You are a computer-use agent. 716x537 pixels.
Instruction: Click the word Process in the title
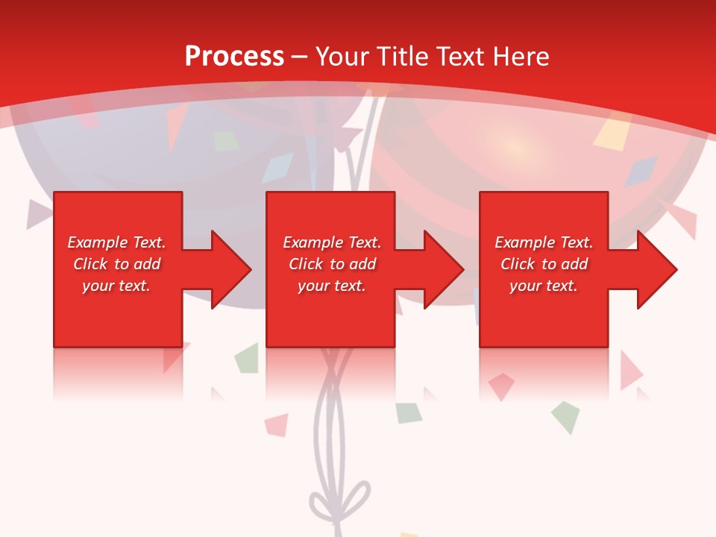234,56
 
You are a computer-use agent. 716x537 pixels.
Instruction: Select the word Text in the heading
461,56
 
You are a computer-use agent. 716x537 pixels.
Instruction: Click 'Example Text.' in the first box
116,242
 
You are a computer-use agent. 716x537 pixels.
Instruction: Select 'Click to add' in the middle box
332,264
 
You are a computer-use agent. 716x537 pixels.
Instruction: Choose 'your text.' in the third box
543,286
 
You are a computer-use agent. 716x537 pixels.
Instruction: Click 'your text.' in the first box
116,286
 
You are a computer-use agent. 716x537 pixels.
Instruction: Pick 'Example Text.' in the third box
544,242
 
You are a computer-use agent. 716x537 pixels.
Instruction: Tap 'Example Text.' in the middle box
332,242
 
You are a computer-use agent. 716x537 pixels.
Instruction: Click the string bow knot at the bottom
341,498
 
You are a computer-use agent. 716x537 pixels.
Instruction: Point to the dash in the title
300,57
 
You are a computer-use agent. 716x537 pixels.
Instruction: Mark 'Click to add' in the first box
116,264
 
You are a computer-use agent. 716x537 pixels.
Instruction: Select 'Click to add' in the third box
544,264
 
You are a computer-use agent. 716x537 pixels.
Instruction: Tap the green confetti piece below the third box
565,416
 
